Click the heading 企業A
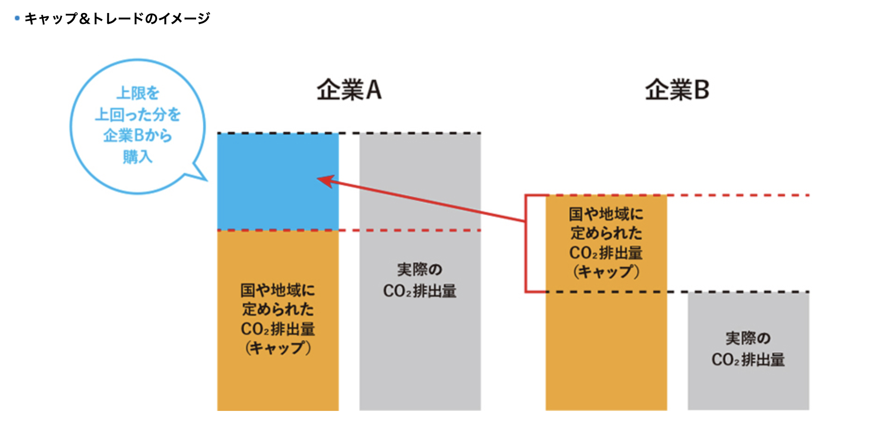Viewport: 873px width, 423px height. click(x=349, y=90)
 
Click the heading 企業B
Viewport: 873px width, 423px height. click(x=677, y=90)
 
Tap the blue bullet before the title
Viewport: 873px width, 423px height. click(x=17, y=19)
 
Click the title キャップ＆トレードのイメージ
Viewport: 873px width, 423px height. click(x=117, y=19)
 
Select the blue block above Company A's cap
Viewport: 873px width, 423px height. click(x=278, y=182)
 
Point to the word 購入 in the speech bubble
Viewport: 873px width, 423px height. click(x=138, y=157)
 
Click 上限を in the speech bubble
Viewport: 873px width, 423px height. click(x=138, y=93)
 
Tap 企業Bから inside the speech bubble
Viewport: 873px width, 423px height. click(x=138, y=135)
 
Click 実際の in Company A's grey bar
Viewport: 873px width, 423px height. click(x=420, y=270)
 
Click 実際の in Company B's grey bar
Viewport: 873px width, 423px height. click(x=748, y=338)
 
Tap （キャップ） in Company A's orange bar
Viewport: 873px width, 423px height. click(x=278, y=348)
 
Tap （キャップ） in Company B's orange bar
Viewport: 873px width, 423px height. click(x=606, y=271)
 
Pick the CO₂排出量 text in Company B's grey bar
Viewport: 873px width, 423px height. click(x=748, y=359)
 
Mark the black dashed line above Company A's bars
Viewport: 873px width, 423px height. click(x=349, y=133)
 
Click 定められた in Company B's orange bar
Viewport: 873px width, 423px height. click(x=606, y=233)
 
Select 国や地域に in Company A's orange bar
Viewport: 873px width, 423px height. click(x=278, y=290)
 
